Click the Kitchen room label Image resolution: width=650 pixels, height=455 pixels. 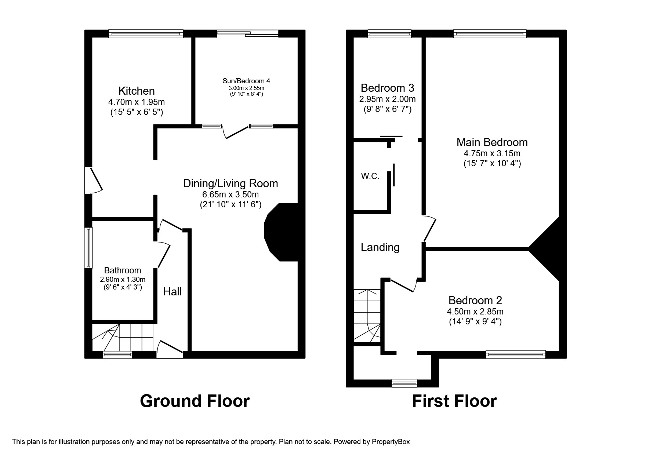[x=136, y=91]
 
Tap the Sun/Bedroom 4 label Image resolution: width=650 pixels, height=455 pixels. [x=246, y=81]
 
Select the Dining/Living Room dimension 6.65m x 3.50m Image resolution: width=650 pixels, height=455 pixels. [x=230, y=194]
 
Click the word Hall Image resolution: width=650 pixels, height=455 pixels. [x=172, y=292]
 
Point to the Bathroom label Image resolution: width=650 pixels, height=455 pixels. [x=123, y=270]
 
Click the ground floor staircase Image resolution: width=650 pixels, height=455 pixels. [x=122, y=337]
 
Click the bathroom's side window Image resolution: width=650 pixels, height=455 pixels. [x=88, y=248]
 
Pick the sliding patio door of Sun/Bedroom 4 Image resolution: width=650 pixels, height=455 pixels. [x=248, y=34]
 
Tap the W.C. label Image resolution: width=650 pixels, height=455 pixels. [x=370, y=176]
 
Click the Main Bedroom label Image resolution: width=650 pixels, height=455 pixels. [x=492, y=142]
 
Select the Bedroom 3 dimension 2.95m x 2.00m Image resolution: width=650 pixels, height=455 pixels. [x=387, y=99]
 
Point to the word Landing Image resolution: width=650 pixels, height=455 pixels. [x=380, y=247]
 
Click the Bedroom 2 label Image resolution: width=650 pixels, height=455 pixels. [x=475, y=301]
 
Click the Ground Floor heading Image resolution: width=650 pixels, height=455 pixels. [x=195, y=401]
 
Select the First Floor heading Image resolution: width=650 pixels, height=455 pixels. [x=454, y=401]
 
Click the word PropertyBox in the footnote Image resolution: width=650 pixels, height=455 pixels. [x=391, y=442]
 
